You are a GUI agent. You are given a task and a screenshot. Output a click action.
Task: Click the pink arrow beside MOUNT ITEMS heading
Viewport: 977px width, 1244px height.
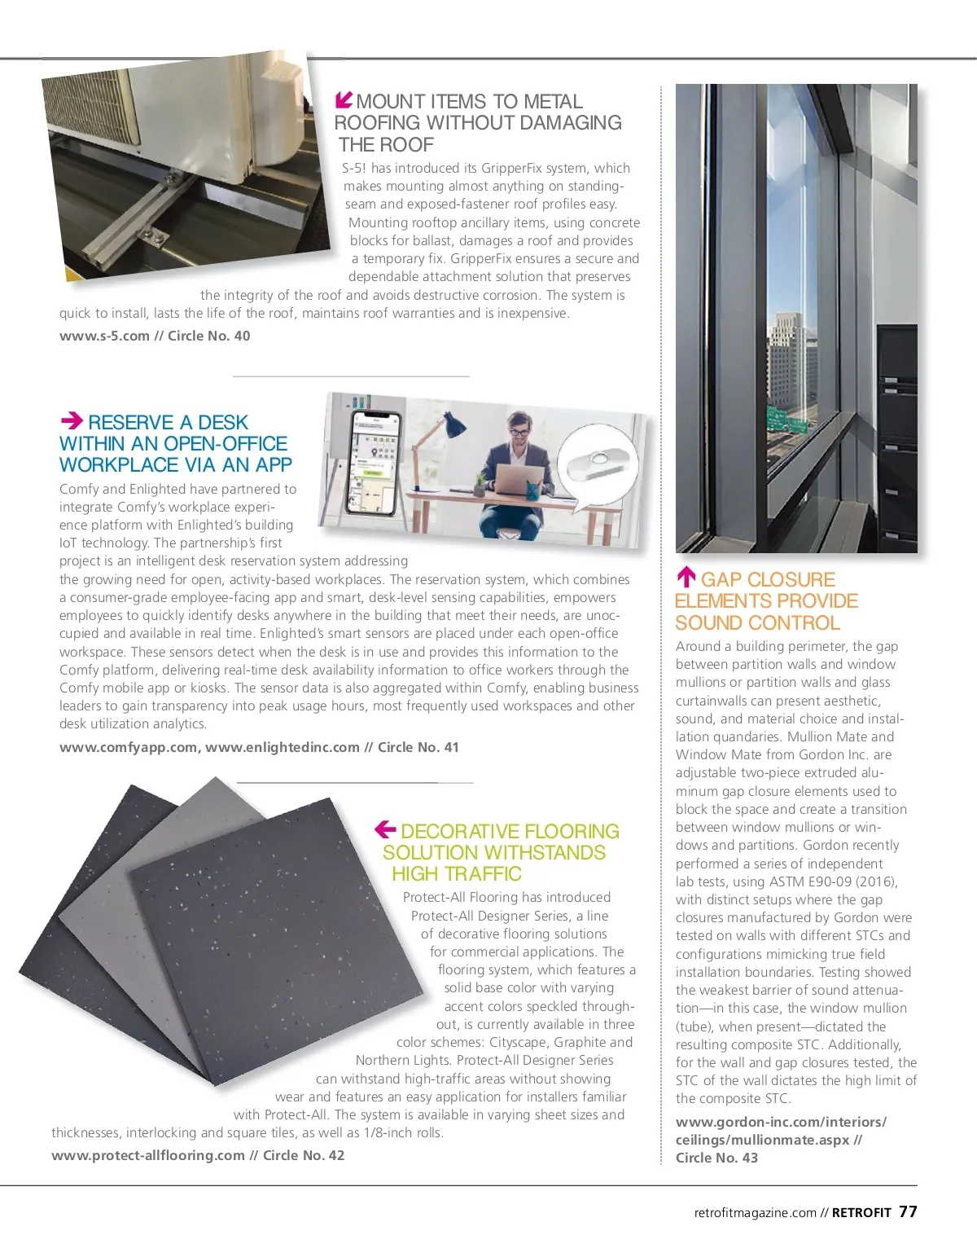pos(344,100)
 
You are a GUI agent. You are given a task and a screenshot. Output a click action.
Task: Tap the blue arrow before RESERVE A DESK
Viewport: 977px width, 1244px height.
pos(72,420)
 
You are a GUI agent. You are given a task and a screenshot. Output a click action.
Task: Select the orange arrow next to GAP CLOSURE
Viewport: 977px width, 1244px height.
pos(686,578)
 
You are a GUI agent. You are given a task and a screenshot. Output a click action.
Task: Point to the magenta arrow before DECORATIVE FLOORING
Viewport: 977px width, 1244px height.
pos(385,829)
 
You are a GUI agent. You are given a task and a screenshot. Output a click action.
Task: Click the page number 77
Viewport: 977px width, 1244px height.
pos(908,1211)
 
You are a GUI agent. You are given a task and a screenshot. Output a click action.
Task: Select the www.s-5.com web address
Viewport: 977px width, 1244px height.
pos(104,336)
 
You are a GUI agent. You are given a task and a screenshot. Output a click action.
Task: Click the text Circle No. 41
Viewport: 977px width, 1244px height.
pos(418,747)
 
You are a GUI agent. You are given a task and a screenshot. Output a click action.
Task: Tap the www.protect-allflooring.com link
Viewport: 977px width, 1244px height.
pos(148,1155)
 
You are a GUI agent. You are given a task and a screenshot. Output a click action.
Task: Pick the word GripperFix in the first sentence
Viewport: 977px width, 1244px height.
pos(514,168)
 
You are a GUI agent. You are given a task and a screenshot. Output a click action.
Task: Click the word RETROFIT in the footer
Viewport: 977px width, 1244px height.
pos(861,1212)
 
